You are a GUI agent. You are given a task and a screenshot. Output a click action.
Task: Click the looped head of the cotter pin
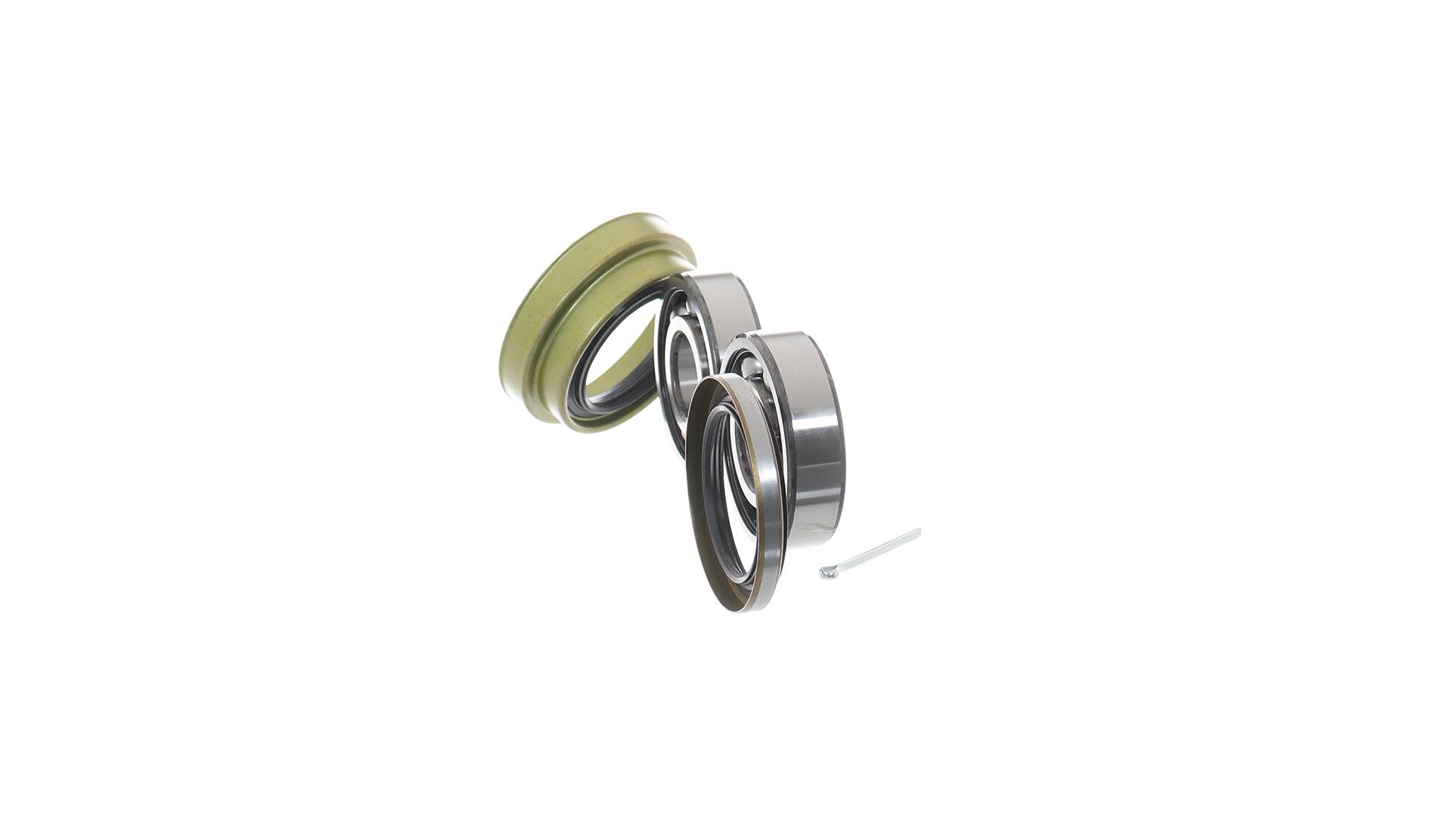[x=827, y=573]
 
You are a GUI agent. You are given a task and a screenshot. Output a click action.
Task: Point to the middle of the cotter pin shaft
[x=873, y=552]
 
